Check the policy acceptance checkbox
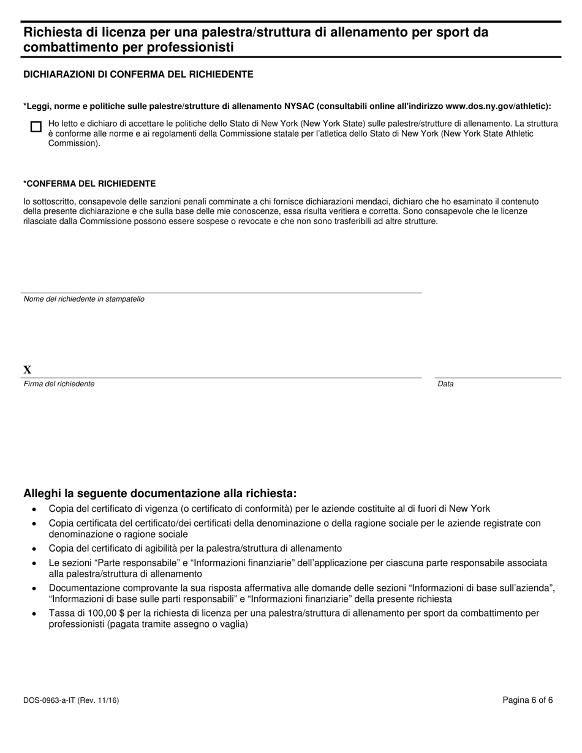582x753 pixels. point(36,127)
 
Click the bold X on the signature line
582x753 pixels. point(27,370)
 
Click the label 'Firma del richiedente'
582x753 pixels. point(59,384)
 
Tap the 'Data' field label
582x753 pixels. point(445,384)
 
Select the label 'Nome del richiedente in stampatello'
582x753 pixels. point(84,299)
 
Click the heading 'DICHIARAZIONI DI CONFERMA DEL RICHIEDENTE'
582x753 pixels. point(138,74)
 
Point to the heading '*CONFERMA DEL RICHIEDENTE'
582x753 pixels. point(89,184)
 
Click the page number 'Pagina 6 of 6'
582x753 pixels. point(527,700)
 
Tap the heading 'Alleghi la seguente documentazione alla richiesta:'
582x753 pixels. point(159,493)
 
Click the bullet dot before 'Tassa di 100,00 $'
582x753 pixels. point(34,613)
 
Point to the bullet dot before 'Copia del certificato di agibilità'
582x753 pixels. point(34,549)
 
